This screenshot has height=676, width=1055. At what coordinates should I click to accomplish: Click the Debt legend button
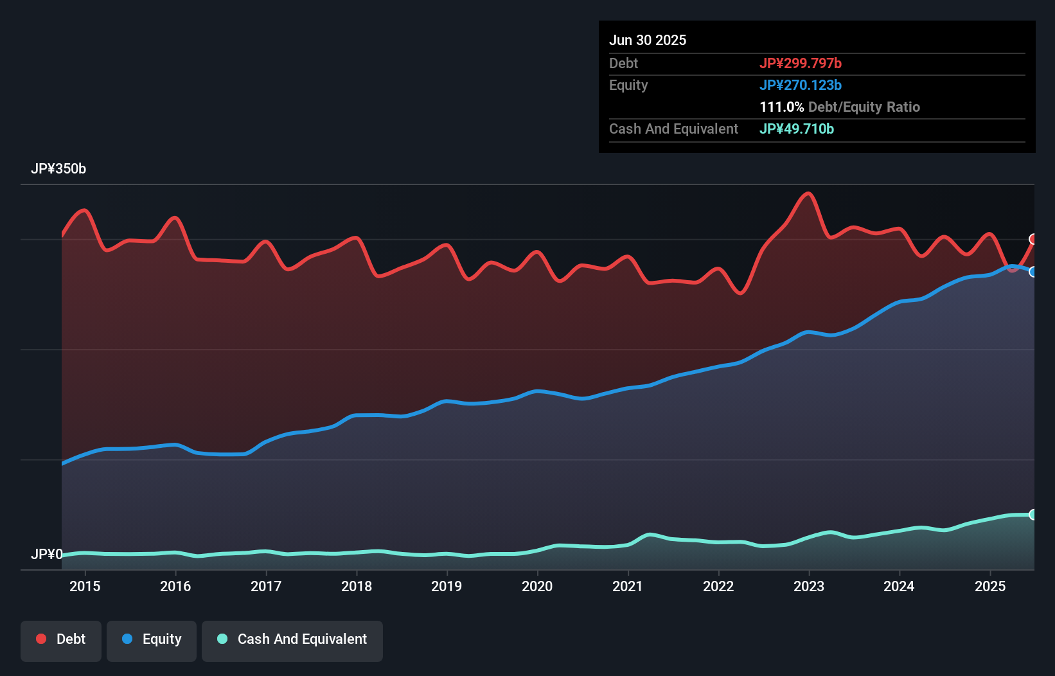[61, 640]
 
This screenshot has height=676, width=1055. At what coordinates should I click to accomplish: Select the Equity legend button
[152, 640]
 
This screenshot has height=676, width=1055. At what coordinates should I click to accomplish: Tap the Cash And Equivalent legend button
[292, 640]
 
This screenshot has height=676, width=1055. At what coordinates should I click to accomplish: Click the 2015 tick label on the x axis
[85, 586]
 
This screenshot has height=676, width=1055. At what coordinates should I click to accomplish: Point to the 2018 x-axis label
[357, 586]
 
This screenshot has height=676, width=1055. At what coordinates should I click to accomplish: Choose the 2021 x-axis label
[628, 586]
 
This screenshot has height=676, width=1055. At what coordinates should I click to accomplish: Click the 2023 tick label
[809, 586]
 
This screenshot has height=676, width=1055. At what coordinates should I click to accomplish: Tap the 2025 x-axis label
[990, 586]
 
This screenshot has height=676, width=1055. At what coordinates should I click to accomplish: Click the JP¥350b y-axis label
[58, 169]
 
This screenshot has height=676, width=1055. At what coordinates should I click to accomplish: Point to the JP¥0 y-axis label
[46, 554]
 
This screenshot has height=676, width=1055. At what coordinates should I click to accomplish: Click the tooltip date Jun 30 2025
[648, 40]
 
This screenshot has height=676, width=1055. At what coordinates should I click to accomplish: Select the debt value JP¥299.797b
[801, 64]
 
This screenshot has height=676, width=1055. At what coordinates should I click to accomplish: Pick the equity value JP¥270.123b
[801, 85]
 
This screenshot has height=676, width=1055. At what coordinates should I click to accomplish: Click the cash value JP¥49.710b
[797, 129]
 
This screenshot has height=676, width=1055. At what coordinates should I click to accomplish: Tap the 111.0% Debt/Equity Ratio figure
[840, 107]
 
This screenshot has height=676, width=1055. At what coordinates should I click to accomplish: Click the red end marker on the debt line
[1033, 239]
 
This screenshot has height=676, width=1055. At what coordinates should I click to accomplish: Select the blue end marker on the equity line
[1033, 272]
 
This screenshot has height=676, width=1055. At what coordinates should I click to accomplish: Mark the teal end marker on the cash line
[1033, 514]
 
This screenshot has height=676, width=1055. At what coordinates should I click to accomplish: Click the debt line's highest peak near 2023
[808, 193]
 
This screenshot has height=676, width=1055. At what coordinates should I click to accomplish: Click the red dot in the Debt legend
[41, 639]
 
